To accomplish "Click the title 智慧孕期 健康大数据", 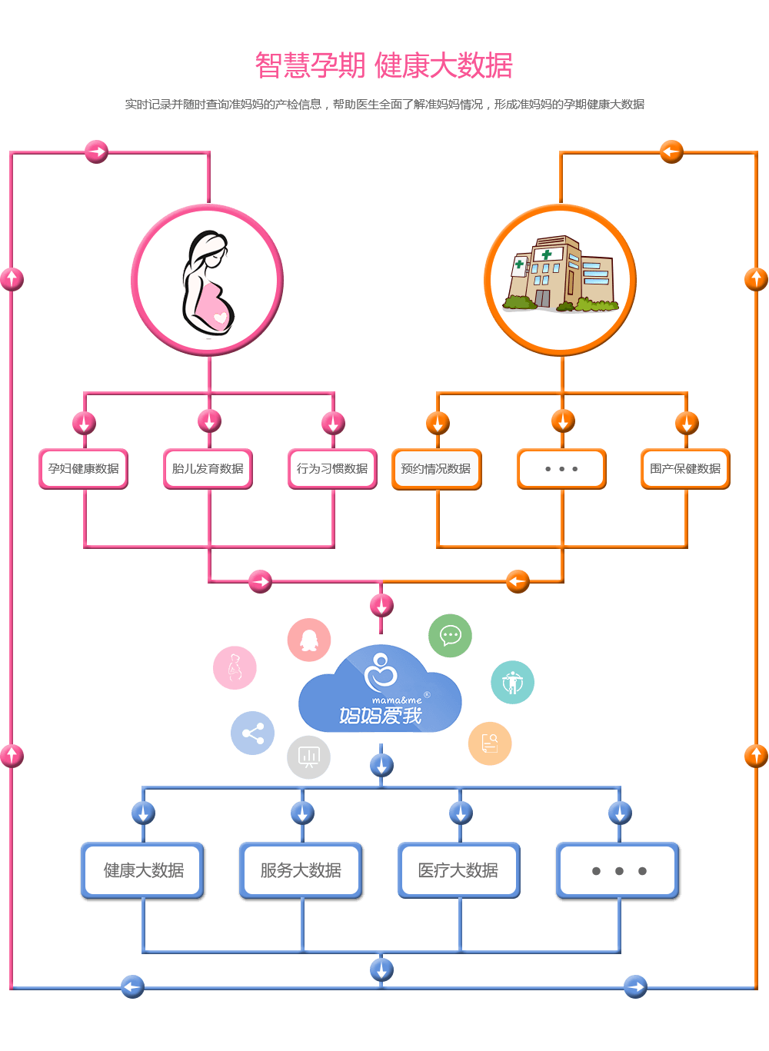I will click(384, 66).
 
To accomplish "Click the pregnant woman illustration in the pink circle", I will click(208, 281).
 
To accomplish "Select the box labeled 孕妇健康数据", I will click(83, 469).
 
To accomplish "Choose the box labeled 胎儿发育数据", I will click(208, 469).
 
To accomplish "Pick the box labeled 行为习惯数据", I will click(332, 469).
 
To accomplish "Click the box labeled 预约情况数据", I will click(436, 469).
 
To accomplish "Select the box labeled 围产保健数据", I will click(685, 469).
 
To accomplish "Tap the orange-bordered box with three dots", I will click(561, 469).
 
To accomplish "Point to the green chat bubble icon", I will click(450, 636).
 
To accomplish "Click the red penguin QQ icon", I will click(309, 640).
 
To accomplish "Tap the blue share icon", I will click(252, 733).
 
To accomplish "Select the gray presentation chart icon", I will click(308, 757).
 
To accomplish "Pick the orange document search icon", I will click(490, 743).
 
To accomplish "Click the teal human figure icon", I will click(512, 682).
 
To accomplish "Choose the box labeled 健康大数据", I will click(143, 870).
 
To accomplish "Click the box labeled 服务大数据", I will click(301, 870).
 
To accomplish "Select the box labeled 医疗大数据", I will click(458, 870).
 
